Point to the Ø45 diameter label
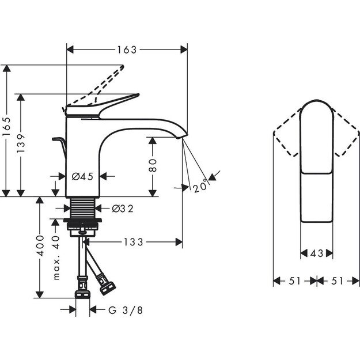click(83, 176)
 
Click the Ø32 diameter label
click(122, 209)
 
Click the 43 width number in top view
click(316, 253)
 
